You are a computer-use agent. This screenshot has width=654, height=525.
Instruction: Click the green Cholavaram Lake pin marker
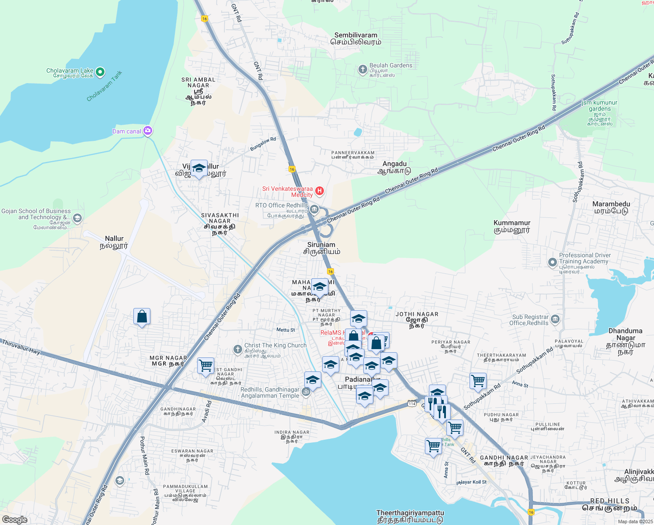point(100,72)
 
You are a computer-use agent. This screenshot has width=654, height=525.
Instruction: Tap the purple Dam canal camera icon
point(148,131)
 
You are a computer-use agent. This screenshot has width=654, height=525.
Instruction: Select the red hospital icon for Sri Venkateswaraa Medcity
point(320,191)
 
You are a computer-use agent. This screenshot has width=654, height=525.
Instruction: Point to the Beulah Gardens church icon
point(362,69)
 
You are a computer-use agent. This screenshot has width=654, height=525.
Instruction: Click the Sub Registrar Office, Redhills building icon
point(555,319)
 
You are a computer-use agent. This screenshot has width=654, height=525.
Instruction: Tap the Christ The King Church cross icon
point(237,349)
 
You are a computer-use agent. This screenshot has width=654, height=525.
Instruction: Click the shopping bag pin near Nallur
point(142,316)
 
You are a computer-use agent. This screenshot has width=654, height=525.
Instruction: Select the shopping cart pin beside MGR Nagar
point(205,365)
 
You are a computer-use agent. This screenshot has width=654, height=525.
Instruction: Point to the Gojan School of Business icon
point(77,218)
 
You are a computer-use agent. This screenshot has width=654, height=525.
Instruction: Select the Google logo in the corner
point(15,519)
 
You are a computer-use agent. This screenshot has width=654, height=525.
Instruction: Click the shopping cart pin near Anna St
point(478,381)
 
